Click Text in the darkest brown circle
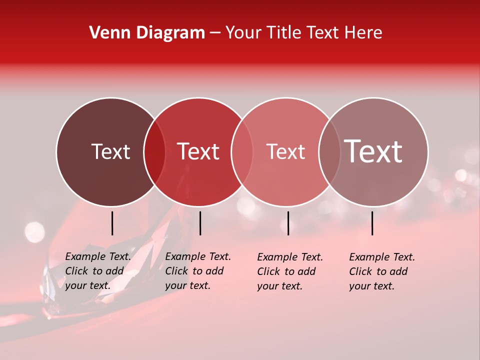[x=110, y=151]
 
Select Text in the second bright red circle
[x=198, y=151]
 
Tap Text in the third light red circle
[x=285, y=151]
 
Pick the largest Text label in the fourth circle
[x=373, y=151]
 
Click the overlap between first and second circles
[x=154, y=151]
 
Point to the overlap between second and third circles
[x=242, y=151]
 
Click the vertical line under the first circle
[x=112, y=223]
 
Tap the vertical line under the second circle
[x=200, y=223]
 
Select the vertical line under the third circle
[x=288, y=223]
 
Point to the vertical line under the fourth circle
[x=372, y=223]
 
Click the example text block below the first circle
[x=98, y=271]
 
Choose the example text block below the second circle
[x=198, y=271]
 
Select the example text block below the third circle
[x=290, y=271]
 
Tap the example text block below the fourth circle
[x=382, y=271]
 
